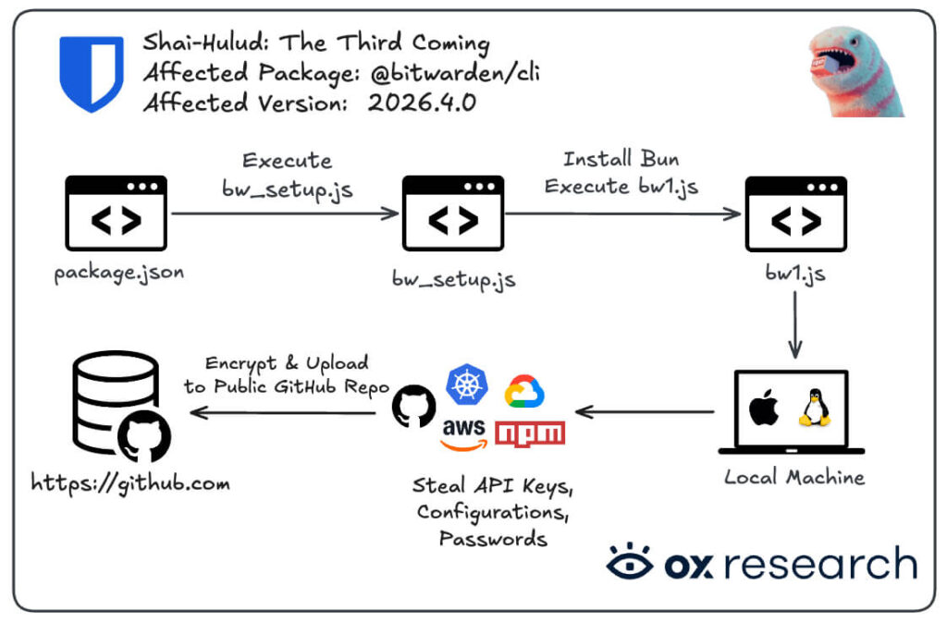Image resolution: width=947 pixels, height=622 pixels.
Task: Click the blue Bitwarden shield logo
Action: [91, 73]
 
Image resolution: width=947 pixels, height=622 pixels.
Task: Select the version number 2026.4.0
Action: [422, 103]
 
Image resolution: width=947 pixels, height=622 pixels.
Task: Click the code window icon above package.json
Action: [117, 213]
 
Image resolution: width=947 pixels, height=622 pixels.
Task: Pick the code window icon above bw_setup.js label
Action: [453, 213]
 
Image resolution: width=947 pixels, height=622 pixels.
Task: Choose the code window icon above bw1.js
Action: [795, 213]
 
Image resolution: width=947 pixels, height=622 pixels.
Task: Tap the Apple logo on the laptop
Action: [763, 408]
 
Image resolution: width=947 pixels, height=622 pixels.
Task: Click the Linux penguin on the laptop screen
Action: [814, 407]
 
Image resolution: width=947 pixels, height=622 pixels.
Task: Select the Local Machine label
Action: [793, 478]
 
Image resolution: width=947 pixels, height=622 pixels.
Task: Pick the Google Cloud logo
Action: [524, 392]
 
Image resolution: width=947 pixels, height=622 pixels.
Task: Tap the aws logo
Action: [463, 433]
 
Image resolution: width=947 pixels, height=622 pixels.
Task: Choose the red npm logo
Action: [530, 433]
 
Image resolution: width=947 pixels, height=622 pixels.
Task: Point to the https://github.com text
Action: [130, 482]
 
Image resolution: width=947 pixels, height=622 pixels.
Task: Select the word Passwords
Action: [494, 537]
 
